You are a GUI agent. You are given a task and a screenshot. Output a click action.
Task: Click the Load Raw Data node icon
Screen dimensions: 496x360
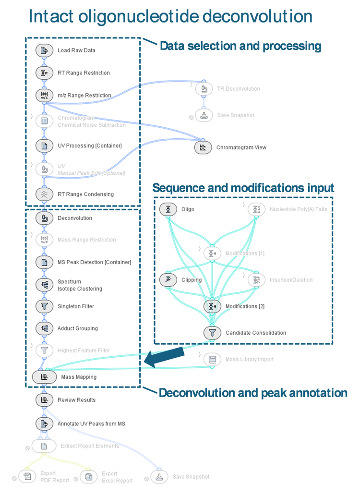(x=44, y=50)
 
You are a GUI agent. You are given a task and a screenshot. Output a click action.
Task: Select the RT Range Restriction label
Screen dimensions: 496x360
(x=84, y=73)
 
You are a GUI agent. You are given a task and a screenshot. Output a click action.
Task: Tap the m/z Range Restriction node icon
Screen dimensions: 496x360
(x=44, y=95)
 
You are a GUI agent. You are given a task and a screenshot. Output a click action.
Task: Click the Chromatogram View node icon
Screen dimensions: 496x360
(x=203, y=147)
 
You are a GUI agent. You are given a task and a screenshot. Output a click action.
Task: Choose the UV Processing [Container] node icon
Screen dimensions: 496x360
(x=44, y=145)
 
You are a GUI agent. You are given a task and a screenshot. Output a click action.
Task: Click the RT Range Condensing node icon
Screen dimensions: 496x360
(x=44, y=194)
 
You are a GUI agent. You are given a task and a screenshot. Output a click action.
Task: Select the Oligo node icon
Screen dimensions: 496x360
(x=168, y=209)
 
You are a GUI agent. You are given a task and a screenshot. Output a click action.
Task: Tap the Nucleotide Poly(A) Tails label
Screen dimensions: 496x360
(x=298, y=209)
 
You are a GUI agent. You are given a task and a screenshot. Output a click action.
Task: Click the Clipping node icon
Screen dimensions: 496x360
(x=168, y=279)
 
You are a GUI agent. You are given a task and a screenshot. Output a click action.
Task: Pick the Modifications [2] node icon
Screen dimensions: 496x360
(x=211, y=306)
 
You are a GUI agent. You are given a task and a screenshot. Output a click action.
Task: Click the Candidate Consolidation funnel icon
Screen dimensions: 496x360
(x=211, y=332)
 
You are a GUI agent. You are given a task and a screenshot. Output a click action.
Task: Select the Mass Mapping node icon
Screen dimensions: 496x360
(x=44, y=377)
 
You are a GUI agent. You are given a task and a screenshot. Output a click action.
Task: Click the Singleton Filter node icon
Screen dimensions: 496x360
(x=44, y=306)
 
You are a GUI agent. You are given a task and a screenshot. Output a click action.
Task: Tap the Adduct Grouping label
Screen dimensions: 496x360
(x=77, y=328)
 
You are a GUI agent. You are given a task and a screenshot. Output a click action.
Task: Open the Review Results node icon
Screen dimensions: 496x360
(x=44, y=399)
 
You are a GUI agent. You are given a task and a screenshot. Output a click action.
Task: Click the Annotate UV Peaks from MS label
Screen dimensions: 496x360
(x=91, y=424)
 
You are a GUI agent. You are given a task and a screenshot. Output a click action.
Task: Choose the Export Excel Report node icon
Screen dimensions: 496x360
(x=88, y=477)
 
